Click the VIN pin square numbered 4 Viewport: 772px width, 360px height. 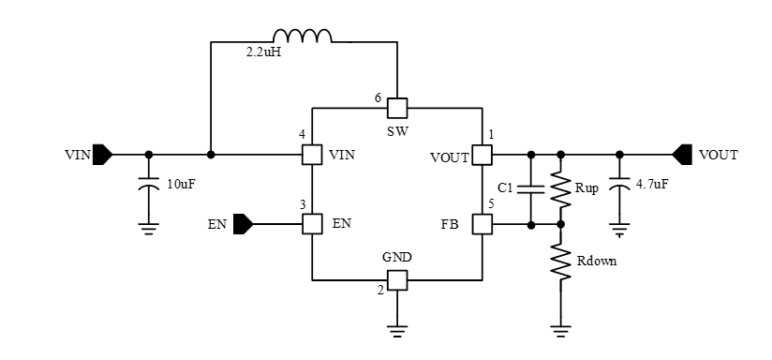coord(311,154)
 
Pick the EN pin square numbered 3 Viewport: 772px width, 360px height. coord(311,224)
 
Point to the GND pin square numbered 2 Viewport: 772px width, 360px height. coord(396,279)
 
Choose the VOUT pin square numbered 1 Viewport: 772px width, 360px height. coord(482,154)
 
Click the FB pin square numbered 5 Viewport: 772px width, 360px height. coord(482,224)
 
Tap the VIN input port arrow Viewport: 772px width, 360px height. coord(103,154)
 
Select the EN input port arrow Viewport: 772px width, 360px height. coord(243,224)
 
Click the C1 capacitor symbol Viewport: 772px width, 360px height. coord(531,188)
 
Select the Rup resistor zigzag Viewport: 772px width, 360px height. coord(561,188)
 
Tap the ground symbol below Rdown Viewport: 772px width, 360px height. coord(561,330)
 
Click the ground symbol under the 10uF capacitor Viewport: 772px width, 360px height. coord(148,225)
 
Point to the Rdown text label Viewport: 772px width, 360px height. coord(598,261)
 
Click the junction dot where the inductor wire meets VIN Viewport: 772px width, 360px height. coord(211,154)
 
